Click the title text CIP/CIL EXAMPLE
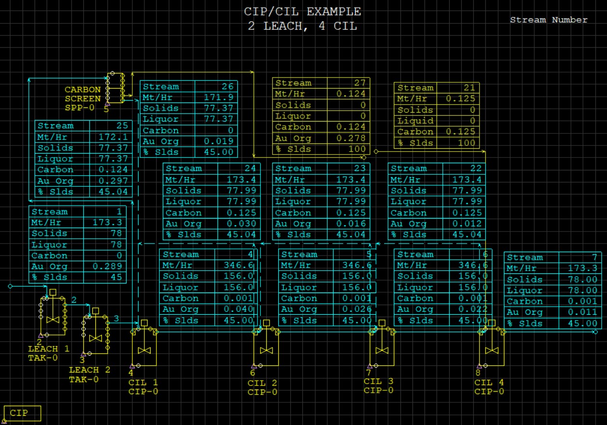click(x=302, y=12)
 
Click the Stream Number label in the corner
click(x=549, y=20)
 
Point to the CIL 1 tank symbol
click(x=144, y=348)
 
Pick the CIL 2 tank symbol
click(x=266, y=348)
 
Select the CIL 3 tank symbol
click(x=382, y=348)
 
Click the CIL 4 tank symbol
click(x=491, y=348)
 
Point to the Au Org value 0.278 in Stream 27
click(x=354, y=138)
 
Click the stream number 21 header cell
click(x=470, y=88)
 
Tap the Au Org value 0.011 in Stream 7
click(x=587, y=312)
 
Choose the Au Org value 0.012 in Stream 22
click(x=470, y=224)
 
